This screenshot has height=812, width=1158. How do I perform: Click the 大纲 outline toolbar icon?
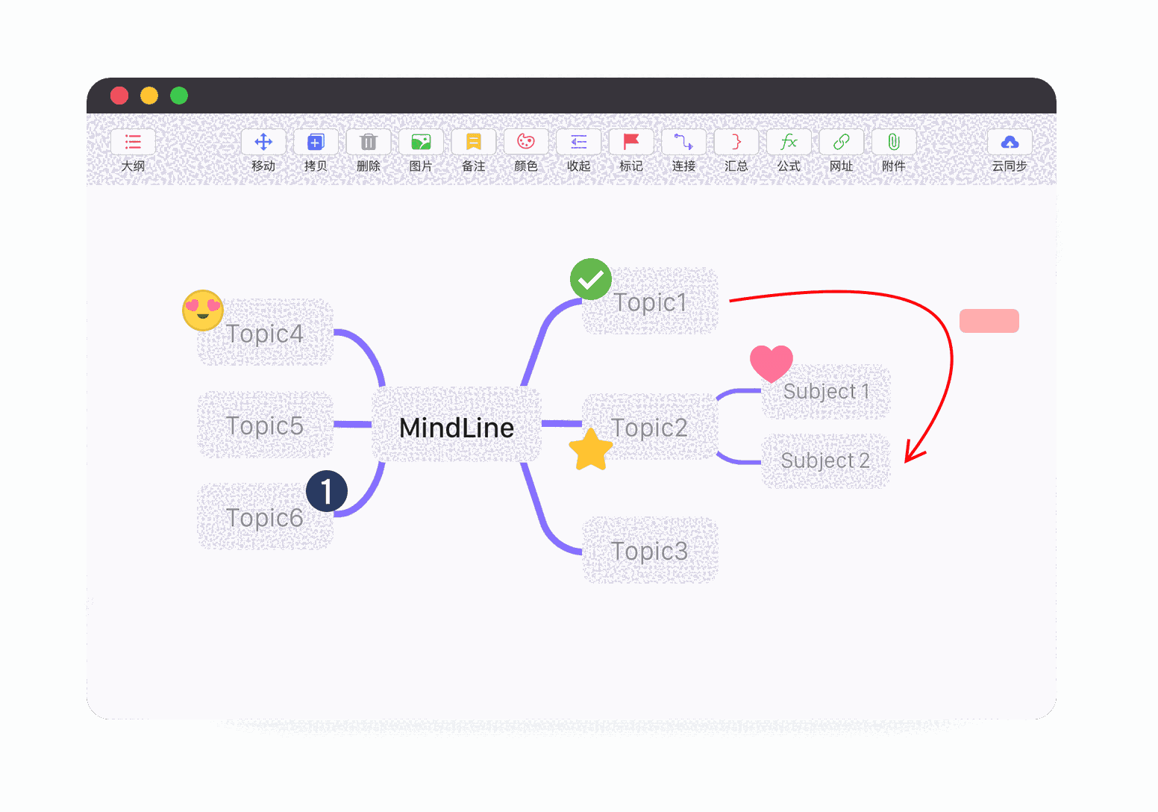(133, 142)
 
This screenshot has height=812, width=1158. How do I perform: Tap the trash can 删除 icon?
(369, 142)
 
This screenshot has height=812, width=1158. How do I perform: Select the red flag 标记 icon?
(631, 142)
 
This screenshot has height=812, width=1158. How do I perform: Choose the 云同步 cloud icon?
(1010, 142)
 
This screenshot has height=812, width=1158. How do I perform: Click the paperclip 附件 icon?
(894, 142)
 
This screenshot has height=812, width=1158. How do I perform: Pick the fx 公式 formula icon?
(789, 142)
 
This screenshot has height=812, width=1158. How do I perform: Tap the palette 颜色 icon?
(526, 142)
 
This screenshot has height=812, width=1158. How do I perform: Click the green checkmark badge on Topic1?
(591, 280)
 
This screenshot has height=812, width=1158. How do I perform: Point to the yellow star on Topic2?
(591, 450)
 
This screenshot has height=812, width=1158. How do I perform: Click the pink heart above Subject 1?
(772, 363)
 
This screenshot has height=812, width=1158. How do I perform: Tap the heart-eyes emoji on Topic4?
(203, 310)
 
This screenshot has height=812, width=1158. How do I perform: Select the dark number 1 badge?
(327, 492)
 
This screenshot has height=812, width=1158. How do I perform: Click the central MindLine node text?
(457, 428)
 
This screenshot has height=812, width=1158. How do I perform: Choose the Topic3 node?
(649, 551)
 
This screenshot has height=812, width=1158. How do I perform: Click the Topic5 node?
(265, 425)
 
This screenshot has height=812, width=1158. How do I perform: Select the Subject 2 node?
(825, 460)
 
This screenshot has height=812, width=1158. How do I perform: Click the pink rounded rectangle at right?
(989, 321)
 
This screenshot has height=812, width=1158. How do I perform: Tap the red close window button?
(119, 96)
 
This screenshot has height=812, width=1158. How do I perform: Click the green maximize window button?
(179, 96)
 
